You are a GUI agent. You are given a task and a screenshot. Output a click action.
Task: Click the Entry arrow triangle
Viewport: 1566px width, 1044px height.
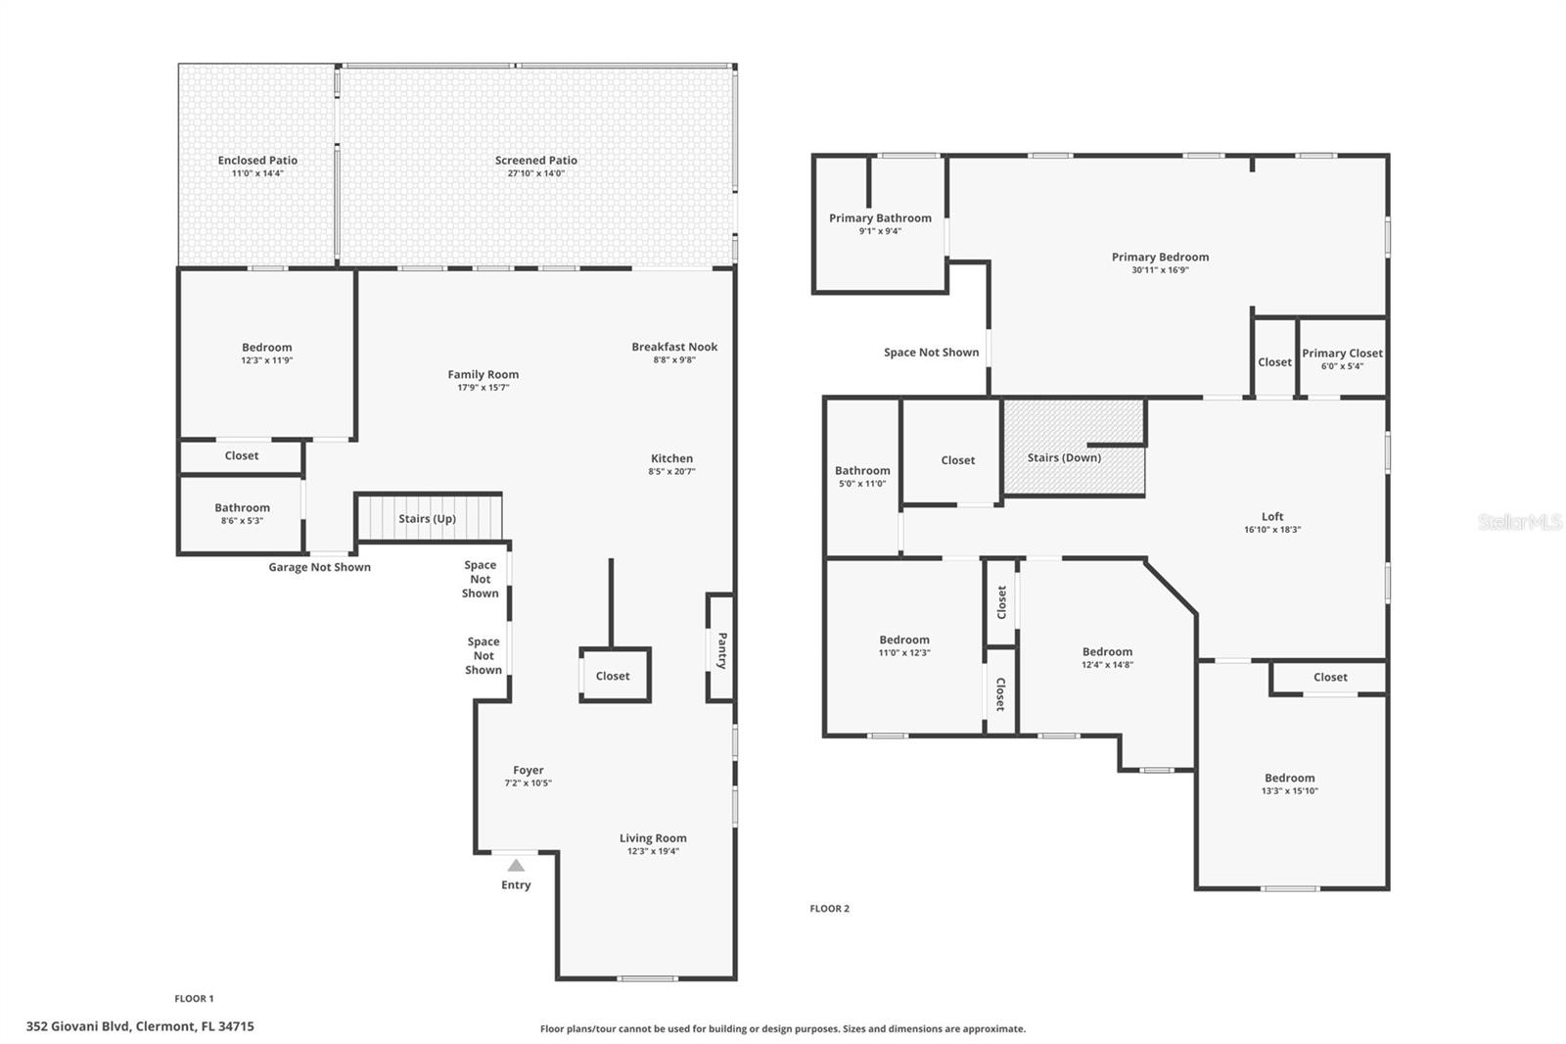516,865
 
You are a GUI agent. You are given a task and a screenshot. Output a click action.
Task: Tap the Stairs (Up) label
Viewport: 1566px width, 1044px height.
427,518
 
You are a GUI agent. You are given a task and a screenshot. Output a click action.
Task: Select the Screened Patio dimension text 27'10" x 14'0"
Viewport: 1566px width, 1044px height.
536,173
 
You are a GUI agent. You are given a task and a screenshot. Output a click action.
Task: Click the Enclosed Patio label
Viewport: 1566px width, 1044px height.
257,161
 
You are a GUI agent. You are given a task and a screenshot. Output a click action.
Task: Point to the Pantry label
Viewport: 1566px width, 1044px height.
722,650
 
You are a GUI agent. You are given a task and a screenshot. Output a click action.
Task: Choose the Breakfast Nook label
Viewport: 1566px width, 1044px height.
674,347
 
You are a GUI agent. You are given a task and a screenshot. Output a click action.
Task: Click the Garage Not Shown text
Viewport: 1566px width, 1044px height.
319,567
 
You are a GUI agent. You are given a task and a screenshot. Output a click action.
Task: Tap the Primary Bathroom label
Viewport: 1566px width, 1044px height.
880,218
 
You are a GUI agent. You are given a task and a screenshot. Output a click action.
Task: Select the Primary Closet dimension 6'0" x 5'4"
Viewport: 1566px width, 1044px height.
1342,366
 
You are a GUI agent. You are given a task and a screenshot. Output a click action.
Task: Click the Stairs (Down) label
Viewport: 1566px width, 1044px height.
1064,457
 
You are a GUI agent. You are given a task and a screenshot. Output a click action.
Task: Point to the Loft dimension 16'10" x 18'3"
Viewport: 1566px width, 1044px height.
1272,530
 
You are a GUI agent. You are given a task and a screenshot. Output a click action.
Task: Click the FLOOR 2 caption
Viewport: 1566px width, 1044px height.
830,908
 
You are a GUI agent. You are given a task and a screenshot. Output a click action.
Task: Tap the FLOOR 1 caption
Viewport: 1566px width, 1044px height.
195,999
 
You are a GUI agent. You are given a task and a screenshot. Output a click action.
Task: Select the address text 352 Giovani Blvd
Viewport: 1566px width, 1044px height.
78,1026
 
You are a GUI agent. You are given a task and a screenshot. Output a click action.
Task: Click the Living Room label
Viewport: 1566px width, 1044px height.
653,838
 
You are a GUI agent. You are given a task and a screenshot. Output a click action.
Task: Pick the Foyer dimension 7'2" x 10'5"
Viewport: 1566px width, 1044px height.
528,783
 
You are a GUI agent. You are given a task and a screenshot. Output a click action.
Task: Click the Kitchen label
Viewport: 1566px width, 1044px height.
671,458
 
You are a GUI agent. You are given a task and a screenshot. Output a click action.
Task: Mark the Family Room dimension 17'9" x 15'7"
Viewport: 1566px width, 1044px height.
484,388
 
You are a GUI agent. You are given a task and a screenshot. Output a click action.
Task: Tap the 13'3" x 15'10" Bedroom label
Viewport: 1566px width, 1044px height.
1290,778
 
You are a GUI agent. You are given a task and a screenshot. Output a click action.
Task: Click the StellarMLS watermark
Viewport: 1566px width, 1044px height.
1520,521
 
